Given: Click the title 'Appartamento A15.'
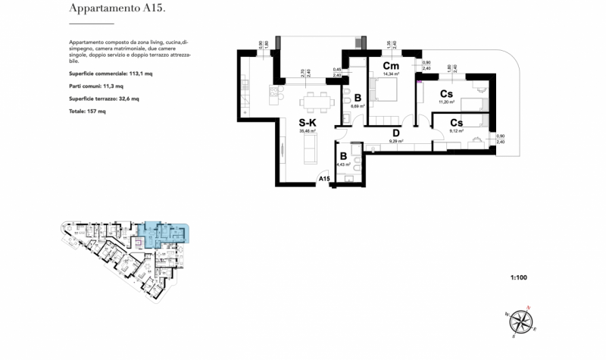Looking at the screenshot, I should (117, 9).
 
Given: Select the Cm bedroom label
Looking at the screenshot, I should (392, 65).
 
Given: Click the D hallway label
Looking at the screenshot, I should (395, 132).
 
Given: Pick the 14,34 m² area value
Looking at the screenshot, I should (391, 74).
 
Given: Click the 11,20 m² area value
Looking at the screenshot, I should (447, 102).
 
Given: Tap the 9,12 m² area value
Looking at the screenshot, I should (457, 131).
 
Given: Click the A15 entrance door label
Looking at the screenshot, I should (323, 179).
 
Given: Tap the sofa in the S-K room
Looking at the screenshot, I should (310, 152).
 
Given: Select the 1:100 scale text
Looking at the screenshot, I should (518, 278).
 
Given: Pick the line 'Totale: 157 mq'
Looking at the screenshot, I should (87, 111).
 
